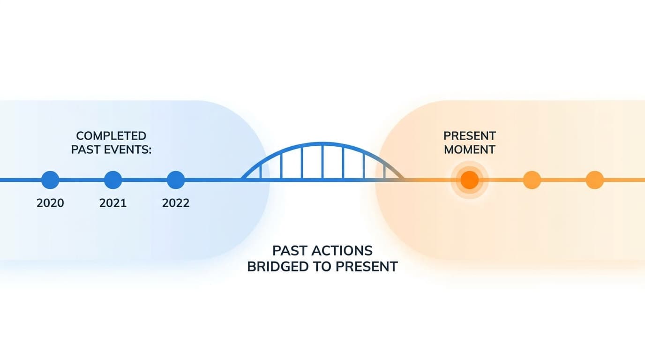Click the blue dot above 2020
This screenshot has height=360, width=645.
[50, 180]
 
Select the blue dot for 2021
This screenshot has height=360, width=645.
[113, 180]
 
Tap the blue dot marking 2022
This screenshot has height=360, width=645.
[176, 180]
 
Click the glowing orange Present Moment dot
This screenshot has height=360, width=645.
[470, 180]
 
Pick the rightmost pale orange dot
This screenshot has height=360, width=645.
[595, 180]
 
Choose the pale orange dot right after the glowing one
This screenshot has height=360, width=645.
[532, 180]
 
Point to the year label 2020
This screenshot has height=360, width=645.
[50, 203]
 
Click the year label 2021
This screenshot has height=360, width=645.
[113, 203]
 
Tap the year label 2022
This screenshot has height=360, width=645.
[176, 203]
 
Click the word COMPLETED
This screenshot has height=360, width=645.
[111, 136]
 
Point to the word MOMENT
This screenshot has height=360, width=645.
[470, 150]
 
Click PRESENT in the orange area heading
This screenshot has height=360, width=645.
[470, 136]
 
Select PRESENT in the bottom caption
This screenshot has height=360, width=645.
[367, 267]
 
